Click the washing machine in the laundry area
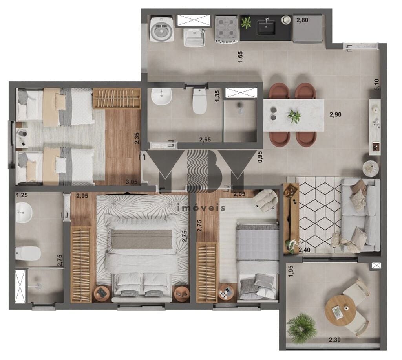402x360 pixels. click(162, 29)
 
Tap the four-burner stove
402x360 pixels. click(227, 29)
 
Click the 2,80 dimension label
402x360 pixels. click(302, 20)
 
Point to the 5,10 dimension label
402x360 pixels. click(376, 84)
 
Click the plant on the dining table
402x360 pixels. click(294, 116)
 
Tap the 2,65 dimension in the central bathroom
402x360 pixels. click(205, 140)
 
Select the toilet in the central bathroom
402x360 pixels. click(200, 101)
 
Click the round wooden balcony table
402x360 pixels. click(340, 310)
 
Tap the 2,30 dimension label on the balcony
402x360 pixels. click(334, 340)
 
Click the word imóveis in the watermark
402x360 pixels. click(201, 208)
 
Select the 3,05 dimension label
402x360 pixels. click(132, 182)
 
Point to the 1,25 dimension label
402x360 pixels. click(22, 195)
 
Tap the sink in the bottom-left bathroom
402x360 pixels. click(24, 213)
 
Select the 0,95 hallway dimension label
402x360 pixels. click(260, 157)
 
